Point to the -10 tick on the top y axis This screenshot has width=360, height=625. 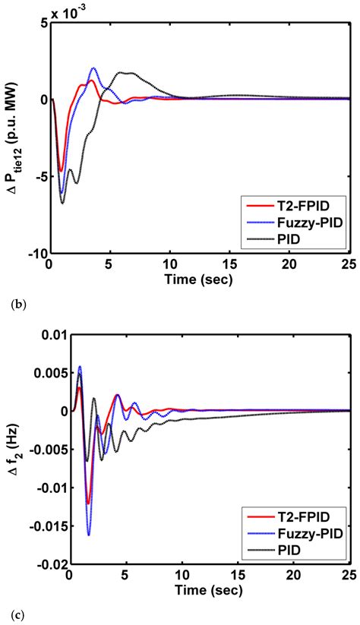pos(36,253)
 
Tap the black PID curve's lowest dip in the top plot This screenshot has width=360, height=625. pos(62,203)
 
